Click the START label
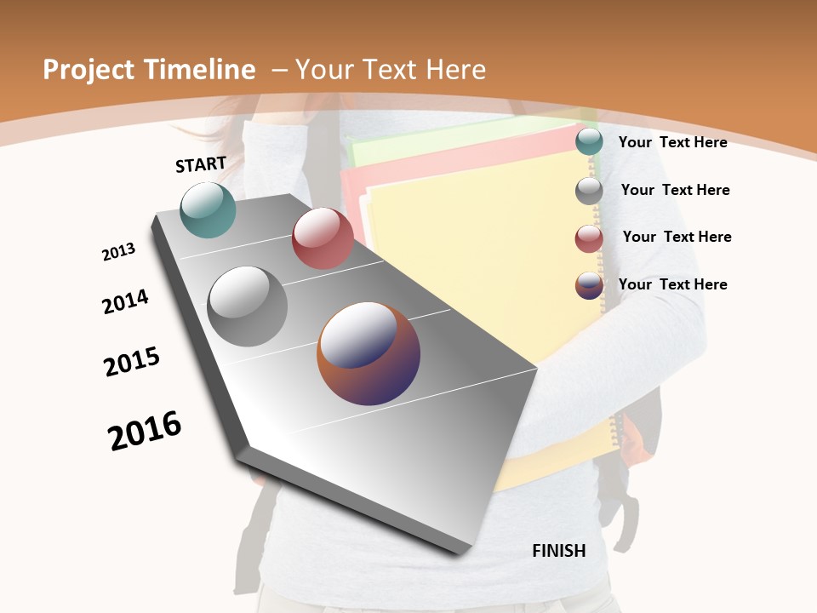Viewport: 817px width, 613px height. pos(201,164)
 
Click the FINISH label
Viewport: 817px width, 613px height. pos(559,551)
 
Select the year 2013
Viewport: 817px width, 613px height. pos(118,252)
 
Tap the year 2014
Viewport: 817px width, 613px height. pos(125,301)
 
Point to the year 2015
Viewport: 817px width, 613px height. pos(132,362)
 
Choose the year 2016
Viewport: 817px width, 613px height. pos(145,430)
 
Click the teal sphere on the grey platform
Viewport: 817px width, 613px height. pos(209,209)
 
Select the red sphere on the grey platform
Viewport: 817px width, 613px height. pos(323,238)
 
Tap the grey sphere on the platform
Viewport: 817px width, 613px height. pos(248,306)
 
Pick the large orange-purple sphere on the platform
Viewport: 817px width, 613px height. pos(369,353)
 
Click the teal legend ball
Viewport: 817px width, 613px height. pos(589,142)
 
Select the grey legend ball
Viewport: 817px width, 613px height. pos(589,191)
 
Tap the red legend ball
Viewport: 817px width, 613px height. pos(589,238)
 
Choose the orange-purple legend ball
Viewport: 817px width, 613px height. pos(589,285)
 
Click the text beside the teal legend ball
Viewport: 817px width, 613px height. pos(672,142)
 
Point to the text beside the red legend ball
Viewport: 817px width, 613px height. pos(677,237)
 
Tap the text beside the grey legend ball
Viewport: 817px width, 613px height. pos(675,190)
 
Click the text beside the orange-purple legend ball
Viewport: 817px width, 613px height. pos(672,284)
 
